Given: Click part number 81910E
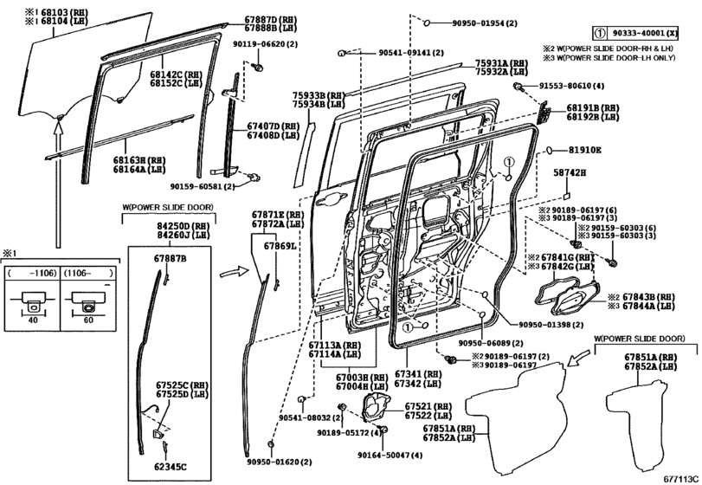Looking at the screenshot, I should pyautogui.click(x=584, y=150).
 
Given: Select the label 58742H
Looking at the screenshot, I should pyautogui.click(x=570, y=173).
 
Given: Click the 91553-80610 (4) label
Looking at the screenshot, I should pyautogui.click(x=570, y=87).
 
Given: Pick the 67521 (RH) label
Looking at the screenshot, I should pyautogui.click(x=428, y=406).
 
